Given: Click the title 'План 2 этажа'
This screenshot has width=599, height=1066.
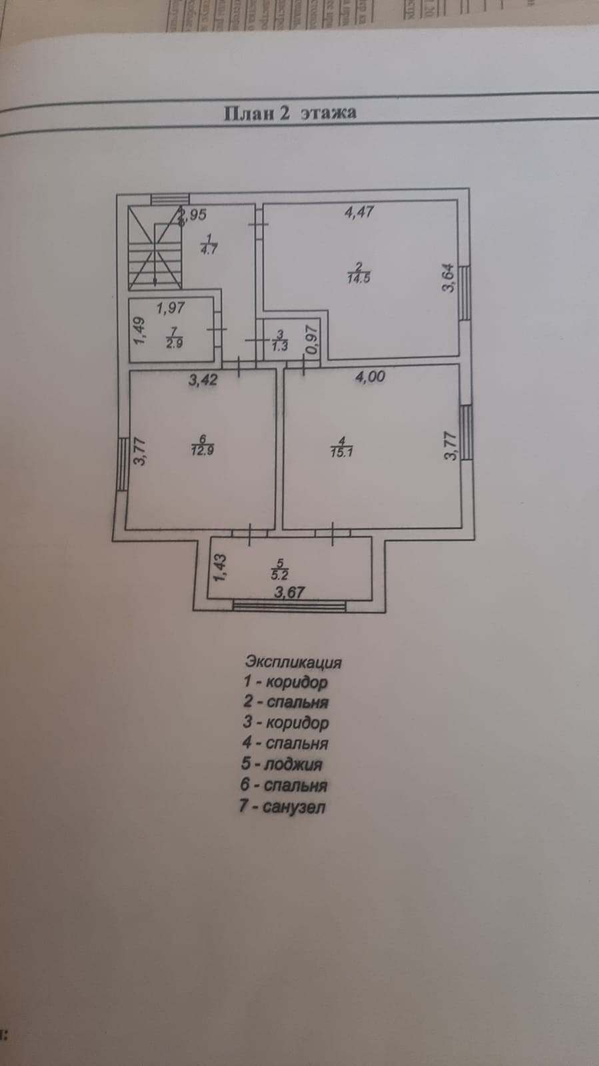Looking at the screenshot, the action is click(289, 113).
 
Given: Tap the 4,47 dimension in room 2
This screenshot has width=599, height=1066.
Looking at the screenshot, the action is click(358, 213).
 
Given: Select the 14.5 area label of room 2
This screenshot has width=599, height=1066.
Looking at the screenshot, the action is click(358, 279).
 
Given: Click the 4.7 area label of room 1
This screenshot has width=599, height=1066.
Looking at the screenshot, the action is click(209, 249).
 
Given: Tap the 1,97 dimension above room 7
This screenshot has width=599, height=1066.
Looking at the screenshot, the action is click(171, 308).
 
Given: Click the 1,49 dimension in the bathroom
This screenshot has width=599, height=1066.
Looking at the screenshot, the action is click(139, 331).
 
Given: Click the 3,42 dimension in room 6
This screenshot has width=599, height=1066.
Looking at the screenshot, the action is click(203, 381).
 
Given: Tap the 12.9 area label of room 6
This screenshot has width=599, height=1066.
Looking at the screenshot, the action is click(202, 450).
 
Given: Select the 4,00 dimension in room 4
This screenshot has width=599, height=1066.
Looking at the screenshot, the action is click(370, 377).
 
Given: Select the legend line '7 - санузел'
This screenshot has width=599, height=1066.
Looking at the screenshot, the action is click(283, 807).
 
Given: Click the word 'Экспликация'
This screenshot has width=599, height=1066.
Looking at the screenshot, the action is click(293, 662).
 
